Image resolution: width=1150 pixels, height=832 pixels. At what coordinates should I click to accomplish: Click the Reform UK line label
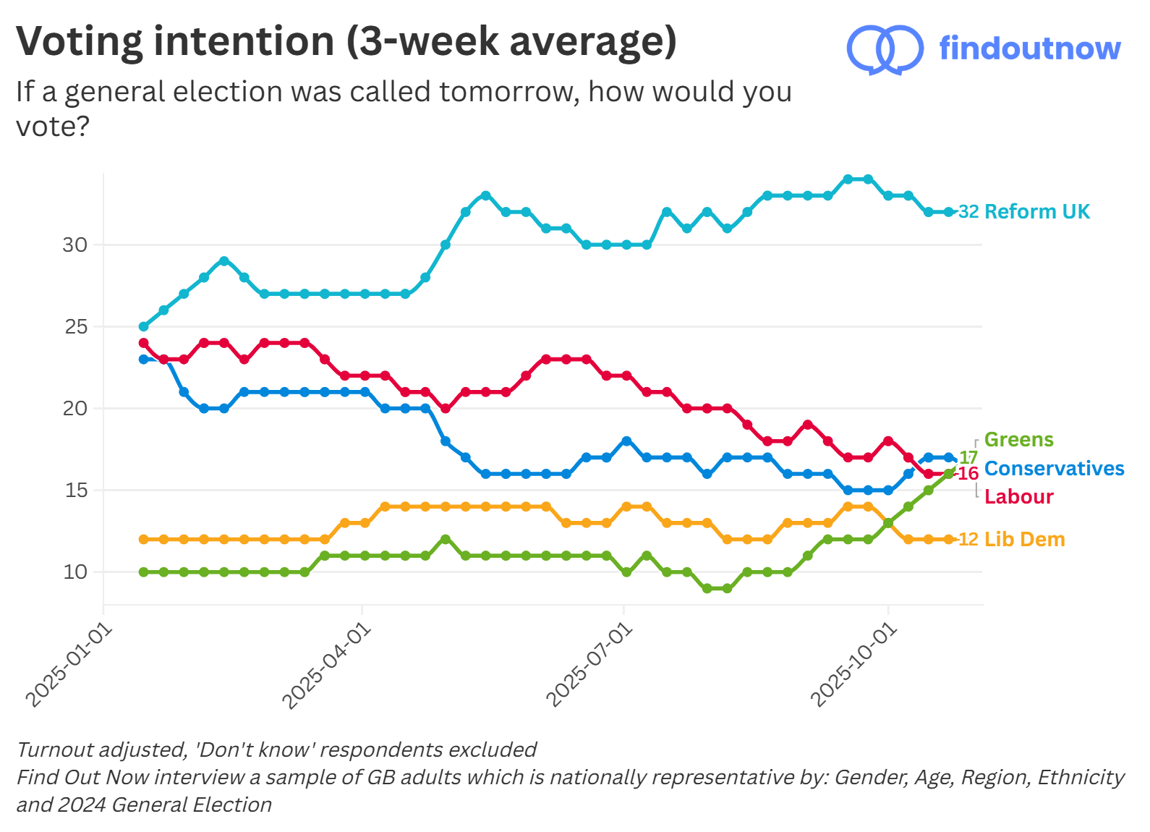click(1036, 211)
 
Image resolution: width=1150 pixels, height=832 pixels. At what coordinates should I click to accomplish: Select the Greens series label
click(1018, 439)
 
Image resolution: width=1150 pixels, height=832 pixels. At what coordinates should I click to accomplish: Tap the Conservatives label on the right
click(1054, 468)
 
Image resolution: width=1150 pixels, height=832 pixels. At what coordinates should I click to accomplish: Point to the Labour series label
click(1018, 496)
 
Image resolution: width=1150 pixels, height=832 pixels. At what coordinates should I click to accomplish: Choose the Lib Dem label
click(1024, 539)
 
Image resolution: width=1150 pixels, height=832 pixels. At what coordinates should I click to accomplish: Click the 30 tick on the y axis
click(74, 245)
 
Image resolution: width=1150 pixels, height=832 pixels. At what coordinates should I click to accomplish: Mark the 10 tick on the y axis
click(74, 572)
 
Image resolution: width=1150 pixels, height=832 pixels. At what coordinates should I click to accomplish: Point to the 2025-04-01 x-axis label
click(326, 666)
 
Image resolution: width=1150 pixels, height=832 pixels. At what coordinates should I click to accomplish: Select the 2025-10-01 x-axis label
click(854, 666)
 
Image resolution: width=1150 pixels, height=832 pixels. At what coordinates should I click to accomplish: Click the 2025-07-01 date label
click(589, 666)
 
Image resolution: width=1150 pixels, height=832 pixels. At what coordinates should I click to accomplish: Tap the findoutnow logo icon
click(885, 49)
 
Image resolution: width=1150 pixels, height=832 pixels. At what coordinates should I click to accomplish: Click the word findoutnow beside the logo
click(1029, 48)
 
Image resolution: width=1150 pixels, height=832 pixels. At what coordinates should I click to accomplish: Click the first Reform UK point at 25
click(143, 326)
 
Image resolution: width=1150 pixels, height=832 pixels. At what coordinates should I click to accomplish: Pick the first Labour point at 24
click(143, 343)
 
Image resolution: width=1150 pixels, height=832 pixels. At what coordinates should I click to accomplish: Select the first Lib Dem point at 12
click(143, 539)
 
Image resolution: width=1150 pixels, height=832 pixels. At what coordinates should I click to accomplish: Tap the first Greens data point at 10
click(143, 572)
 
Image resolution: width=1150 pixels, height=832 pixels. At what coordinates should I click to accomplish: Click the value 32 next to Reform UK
click(968, 212)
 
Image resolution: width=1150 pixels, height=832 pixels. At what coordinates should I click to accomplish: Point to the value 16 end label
click(968, 474)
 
